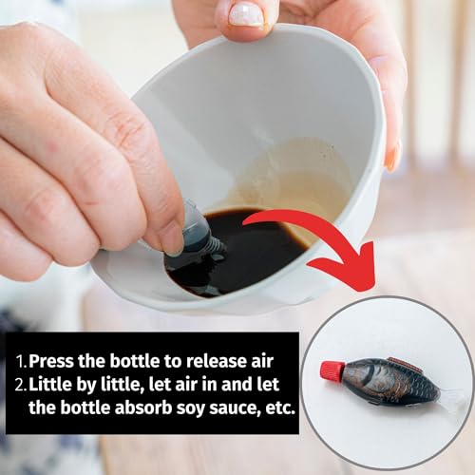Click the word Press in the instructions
[51, 361]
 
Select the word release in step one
[215, 361]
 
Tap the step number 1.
[22, 361]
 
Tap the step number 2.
[21, 385]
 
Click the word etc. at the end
[280, 408]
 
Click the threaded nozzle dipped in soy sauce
[218, 248]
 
